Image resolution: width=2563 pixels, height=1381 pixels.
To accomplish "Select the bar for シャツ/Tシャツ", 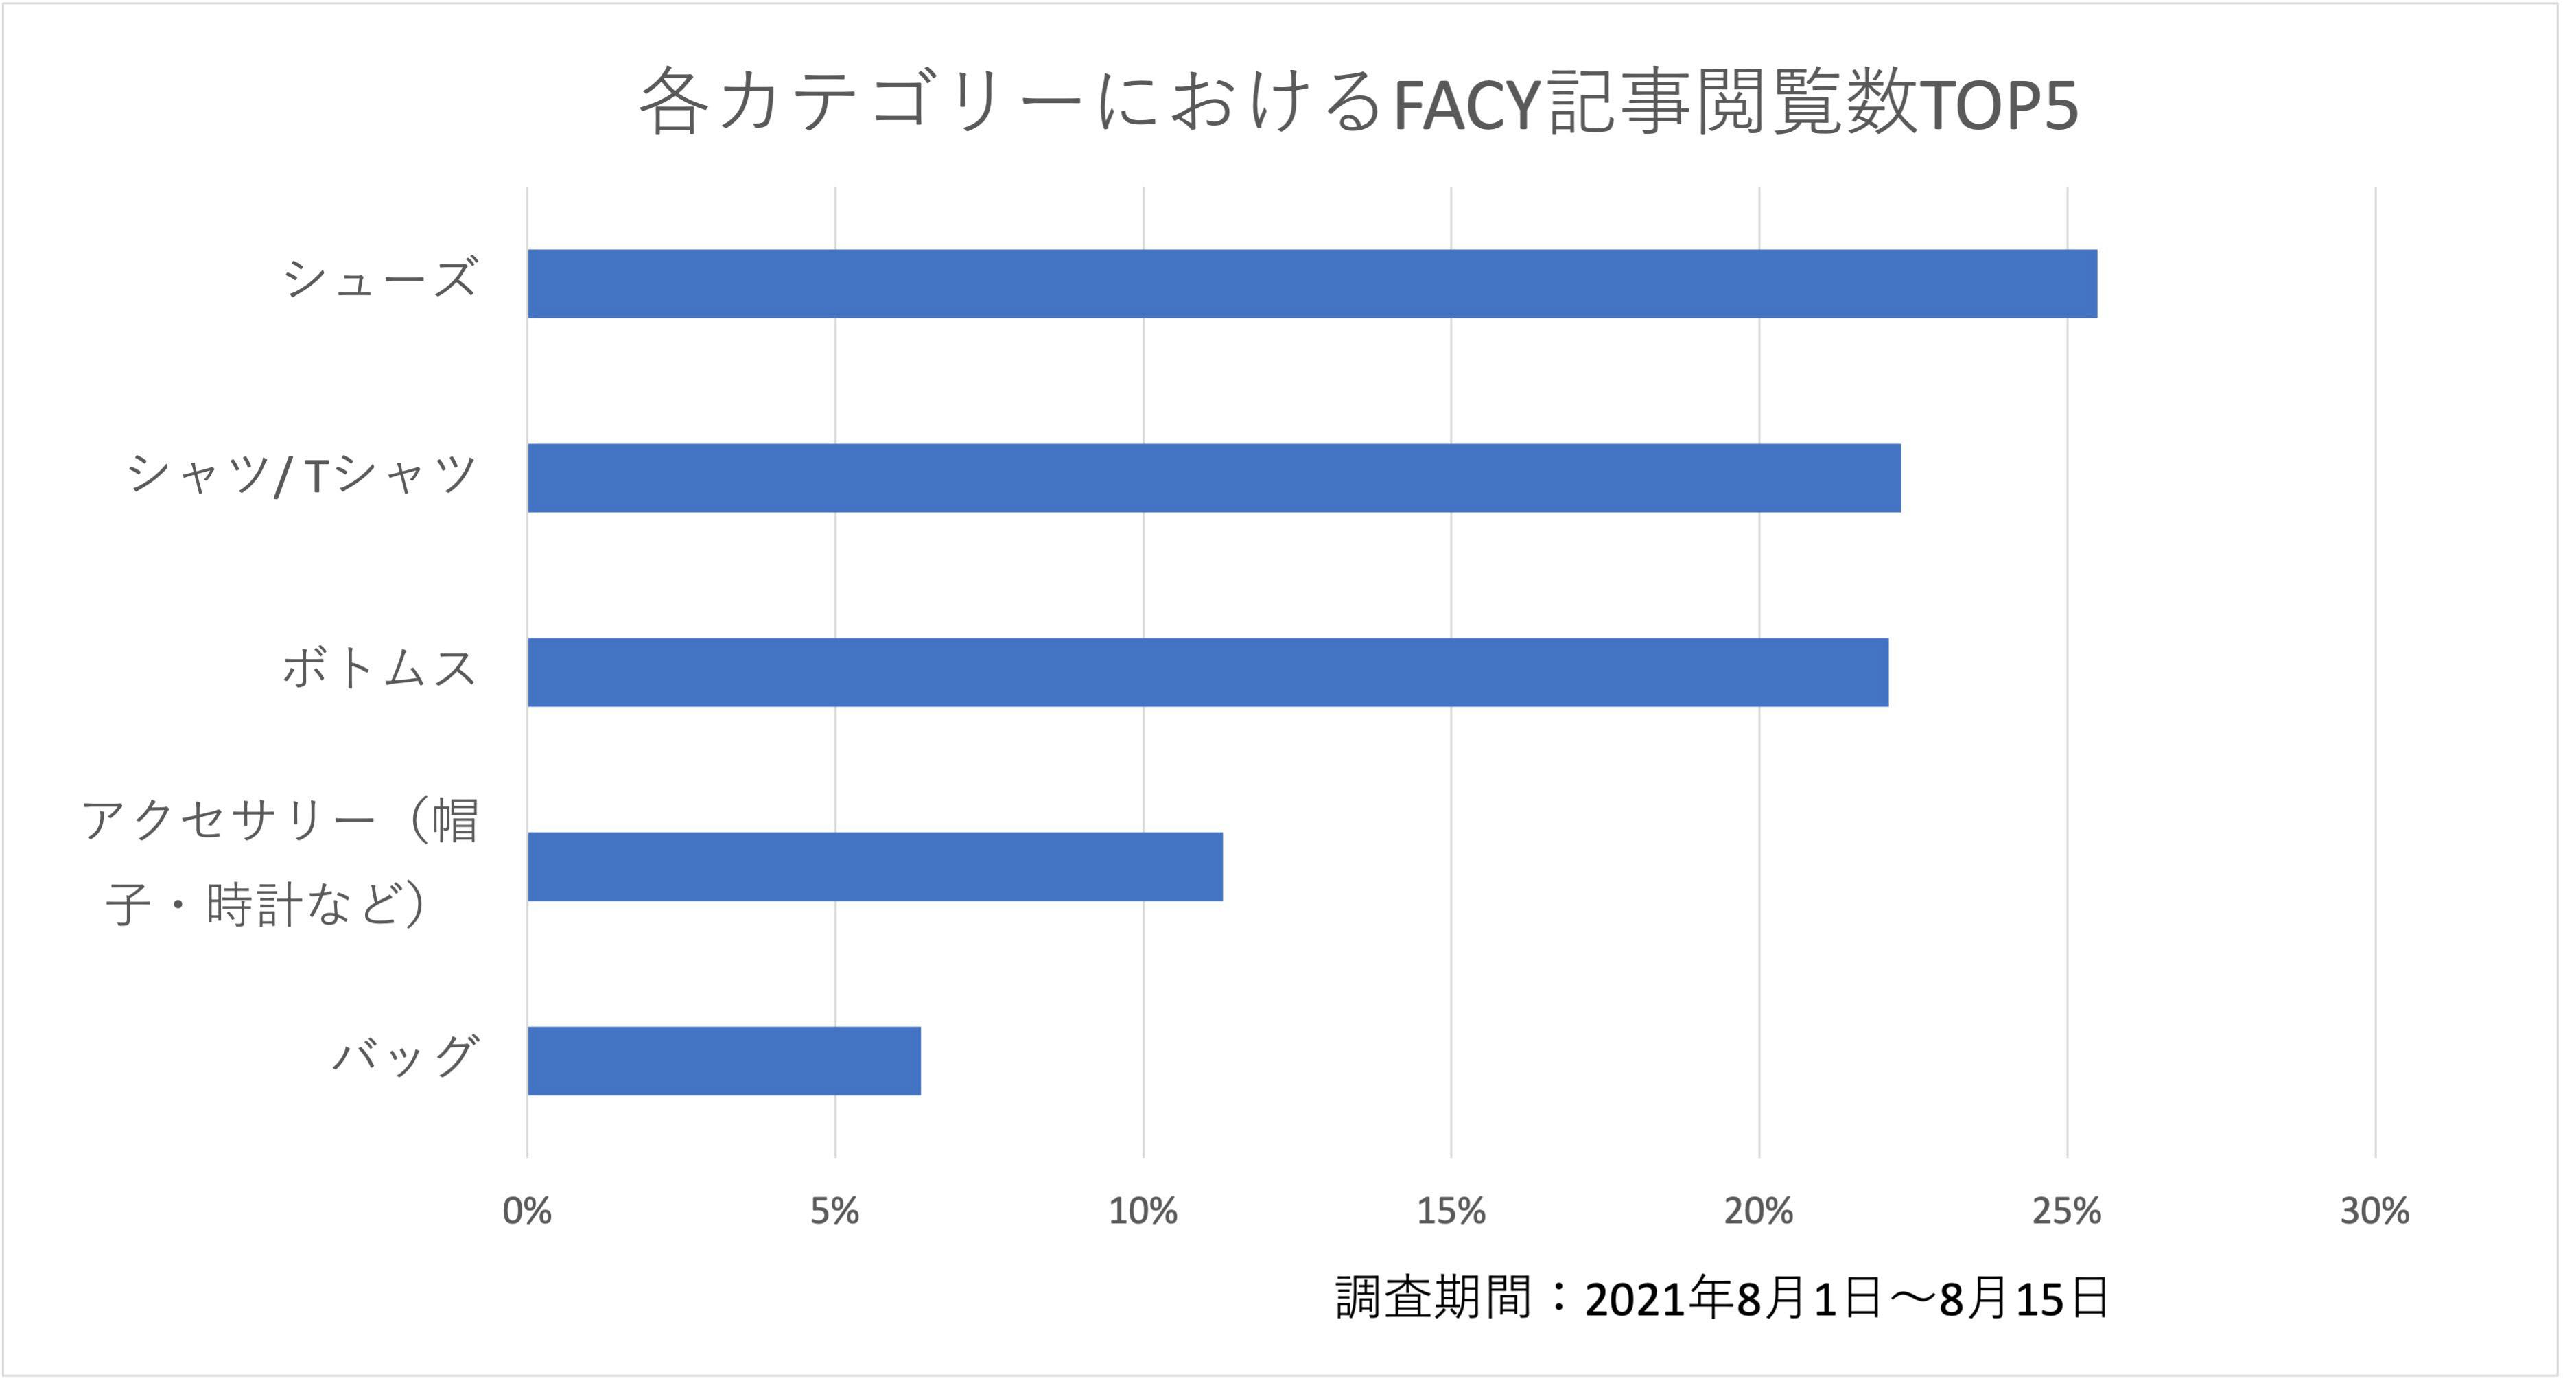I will (1214, 478).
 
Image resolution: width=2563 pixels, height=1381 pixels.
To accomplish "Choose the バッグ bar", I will (723, 1060).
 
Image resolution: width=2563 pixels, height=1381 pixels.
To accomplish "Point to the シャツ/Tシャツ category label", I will (301, 474).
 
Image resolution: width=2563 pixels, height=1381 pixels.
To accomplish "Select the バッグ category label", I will (405, 1056).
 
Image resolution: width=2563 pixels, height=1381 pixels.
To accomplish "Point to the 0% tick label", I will (526, 1211).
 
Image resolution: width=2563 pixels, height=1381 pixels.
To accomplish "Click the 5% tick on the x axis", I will (834, 1211).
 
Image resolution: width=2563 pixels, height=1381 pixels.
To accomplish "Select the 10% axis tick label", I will (1143, 1211).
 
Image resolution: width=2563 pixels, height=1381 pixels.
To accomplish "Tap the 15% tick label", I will (1451, 1211).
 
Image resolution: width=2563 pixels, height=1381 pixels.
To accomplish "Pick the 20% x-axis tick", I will (1758, 1211).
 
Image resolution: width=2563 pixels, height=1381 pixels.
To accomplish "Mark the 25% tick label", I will (2066, 1211).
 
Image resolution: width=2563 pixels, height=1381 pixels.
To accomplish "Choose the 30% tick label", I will (2374, 1211).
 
